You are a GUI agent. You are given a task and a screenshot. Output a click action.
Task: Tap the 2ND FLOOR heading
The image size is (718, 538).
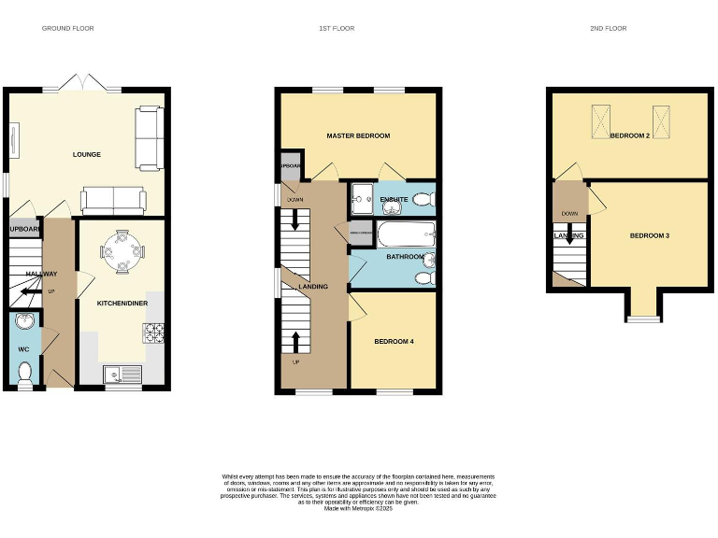[608, 29]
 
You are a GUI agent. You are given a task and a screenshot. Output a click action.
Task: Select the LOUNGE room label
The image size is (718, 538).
[87, 155]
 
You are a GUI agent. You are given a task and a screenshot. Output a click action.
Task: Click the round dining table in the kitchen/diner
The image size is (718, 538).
[122, 252]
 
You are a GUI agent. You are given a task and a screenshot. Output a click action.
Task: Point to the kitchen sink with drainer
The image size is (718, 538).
[122, 375]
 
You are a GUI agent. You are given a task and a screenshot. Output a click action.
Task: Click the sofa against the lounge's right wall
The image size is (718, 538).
[148, 138]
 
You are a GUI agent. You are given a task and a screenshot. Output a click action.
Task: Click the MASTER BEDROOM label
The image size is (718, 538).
[358, 136]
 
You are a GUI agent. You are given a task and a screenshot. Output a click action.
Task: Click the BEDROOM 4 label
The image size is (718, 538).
[394, 342]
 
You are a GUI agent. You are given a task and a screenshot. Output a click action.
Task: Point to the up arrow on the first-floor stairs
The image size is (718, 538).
[295, 342]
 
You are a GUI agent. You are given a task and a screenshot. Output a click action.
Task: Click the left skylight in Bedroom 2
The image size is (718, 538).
[597, 120]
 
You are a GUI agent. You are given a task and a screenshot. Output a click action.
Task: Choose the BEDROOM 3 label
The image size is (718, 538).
[649, 236]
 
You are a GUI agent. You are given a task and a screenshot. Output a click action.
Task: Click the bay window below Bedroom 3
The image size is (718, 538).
[642, 319]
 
